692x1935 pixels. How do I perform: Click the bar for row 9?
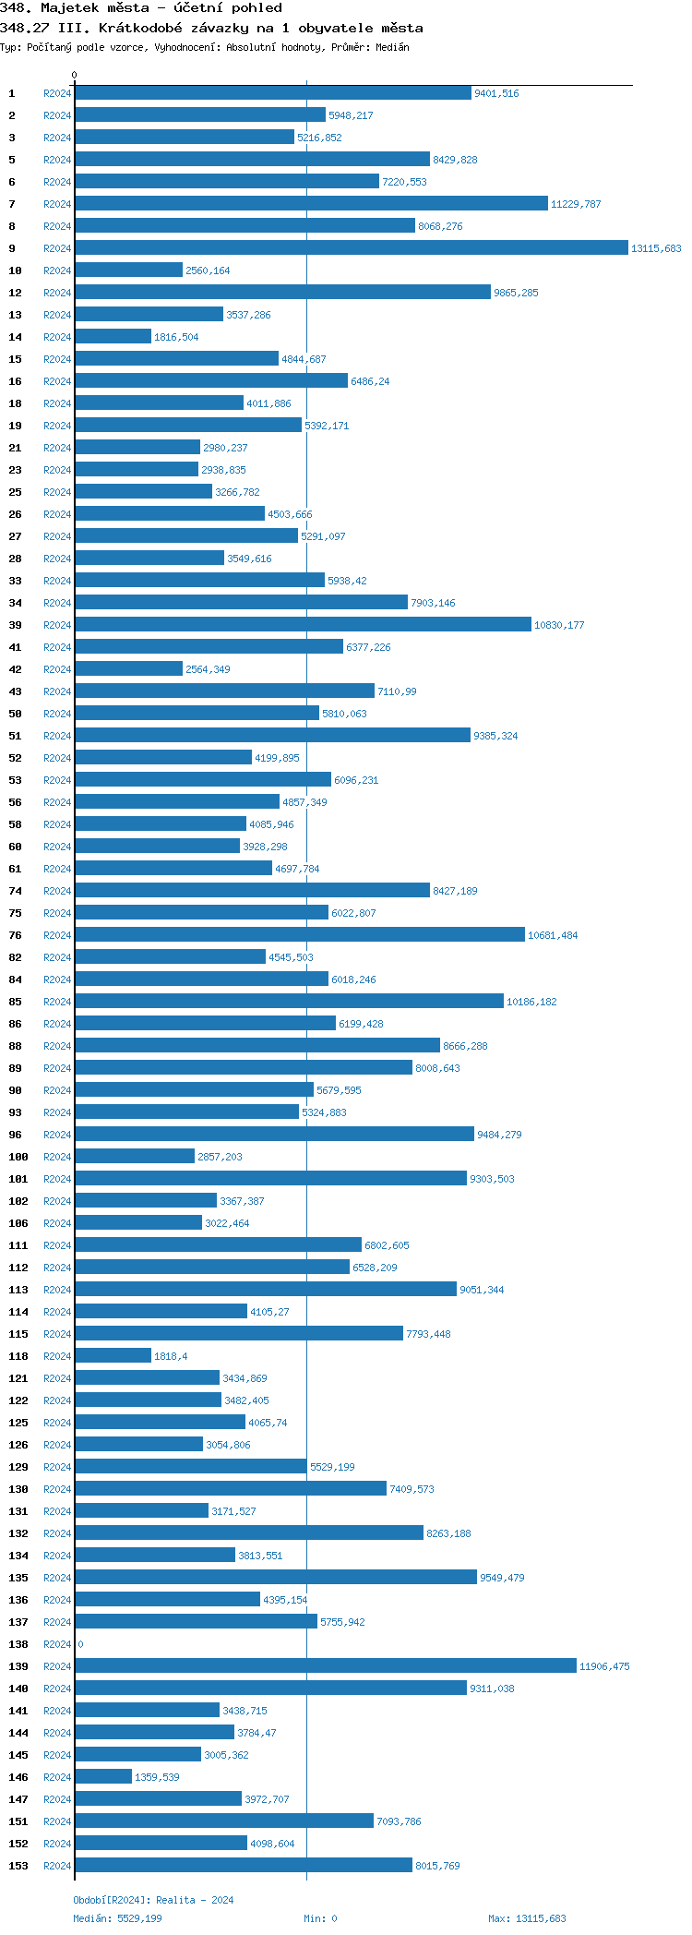(351, 248)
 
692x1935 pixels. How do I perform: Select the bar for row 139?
(325, 1666)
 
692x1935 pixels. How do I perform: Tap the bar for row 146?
(103, 1777)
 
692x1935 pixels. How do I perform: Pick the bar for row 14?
(113, 337)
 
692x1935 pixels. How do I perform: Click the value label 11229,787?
(576, 204)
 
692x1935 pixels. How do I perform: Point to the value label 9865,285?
(516, 293)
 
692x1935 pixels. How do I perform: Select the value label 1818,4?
(171, 1356)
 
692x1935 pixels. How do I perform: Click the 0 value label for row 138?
(80, 1644)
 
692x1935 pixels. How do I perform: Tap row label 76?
(15, 935)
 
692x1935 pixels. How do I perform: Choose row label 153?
(18, 1866)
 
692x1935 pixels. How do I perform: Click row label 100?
(18, 1157)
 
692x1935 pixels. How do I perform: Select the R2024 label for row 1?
(57, 93)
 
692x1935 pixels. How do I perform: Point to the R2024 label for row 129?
(57, 1467)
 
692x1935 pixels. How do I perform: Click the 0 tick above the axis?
(75, 75)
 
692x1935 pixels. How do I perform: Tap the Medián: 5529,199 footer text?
(117, 1918)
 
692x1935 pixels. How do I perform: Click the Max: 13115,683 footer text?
(527, 1918)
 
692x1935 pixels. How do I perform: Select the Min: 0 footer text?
(320, 1918)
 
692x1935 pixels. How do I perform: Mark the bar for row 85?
(289, 1002)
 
